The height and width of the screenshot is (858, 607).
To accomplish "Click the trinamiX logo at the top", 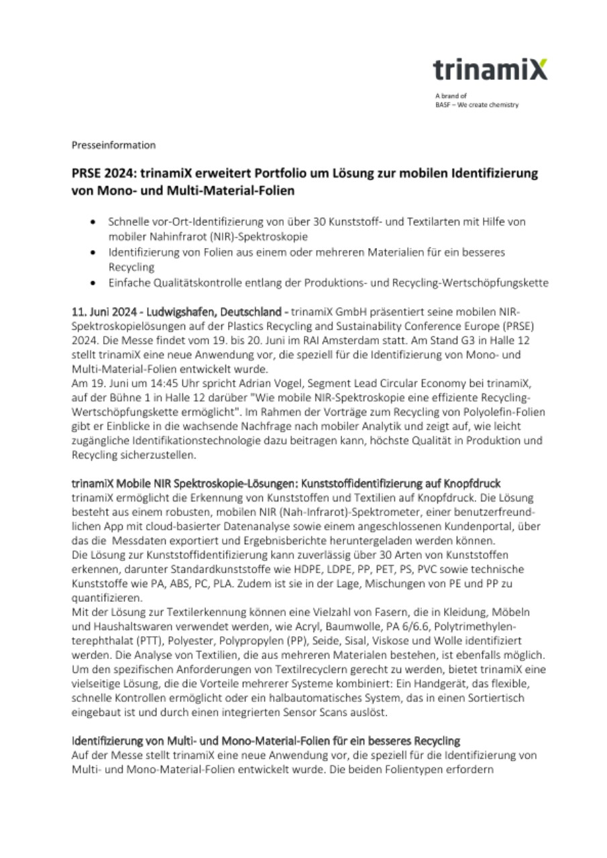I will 490,70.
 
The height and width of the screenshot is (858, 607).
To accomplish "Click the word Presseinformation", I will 113,145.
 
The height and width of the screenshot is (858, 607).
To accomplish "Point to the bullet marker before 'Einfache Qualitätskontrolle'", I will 93,283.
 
